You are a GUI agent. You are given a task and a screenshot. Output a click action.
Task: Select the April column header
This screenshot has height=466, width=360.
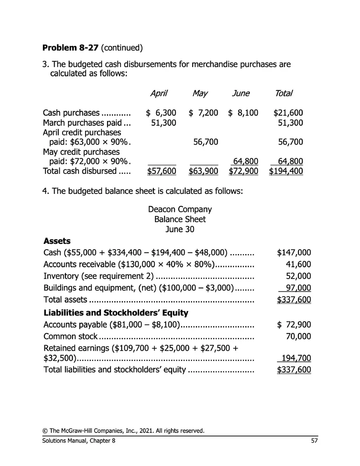coord(159,93)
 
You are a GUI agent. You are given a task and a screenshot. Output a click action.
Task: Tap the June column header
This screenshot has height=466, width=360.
coord(241,93)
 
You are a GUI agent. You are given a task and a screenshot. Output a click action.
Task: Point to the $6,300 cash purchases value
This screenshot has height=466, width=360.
coord(161,113)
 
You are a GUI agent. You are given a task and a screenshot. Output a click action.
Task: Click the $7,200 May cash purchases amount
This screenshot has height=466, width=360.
coord(203,113)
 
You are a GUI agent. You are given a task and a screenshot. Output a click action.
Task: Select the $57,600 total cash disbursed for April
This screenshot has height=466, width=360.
coord(161,171)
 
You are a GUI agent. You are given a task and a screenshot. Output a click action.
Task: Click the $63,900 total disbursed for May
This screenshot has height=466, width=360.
coord(203,171)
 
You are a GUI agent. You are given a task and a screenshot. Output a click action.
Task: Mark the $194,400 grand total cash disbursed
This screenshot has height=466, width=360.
coord(286,171)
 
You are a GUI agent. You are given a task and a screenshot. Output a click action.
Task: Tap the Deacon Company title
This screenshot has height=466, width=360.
coord(180,209)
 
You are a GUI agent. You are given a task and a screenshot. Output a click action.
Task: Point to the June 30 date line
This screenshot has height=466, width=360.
coord(180,229)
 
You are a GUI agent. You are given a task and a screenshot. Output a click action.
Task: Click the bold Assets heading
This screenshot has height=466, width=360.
coord(57,241)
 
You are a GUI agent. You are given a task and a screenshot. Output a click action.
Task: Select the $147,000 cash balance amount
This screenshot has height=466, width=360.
coord(294,252)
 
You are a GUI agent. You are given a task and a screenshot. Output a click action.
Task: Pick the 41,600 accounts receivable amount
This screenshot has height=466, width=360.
coord(298,264)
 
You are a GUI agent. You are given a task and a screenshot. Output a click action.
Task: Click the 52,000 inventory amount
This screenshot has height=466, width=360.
coord(298,276)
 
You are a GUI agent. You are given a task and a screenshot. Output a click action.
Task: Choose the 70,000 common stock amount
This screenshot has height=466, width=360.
coord(298,336)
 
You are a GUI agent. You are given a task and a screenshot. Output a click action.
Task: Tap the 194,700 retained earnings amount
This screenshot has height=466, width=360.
coord(296,359)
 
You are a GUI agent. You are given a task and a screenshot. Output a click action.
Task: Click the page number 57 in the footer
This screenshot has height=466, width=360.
coord(314,441)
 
